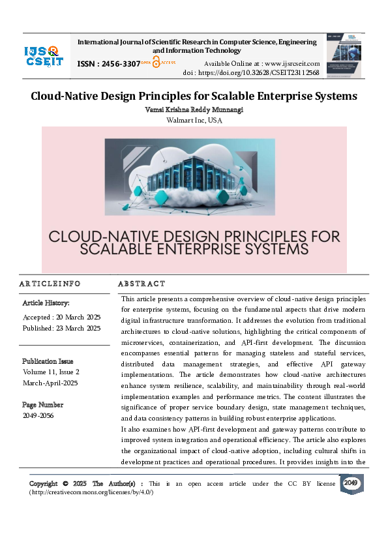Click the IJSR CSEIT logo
point(43,56)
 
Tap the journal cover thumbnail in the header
point(344,56)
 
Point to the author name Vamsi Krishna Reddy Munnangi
point(194,110)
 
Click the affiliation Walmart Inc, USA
point(194,120)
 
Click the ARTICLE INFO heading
point(50,284)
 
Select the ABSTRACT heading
point(142,284)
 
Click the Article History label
point(46,303)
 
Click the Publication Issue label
point(48,361)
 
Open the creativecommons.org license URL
point(92,492)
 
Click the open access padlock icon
point(157,63)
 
